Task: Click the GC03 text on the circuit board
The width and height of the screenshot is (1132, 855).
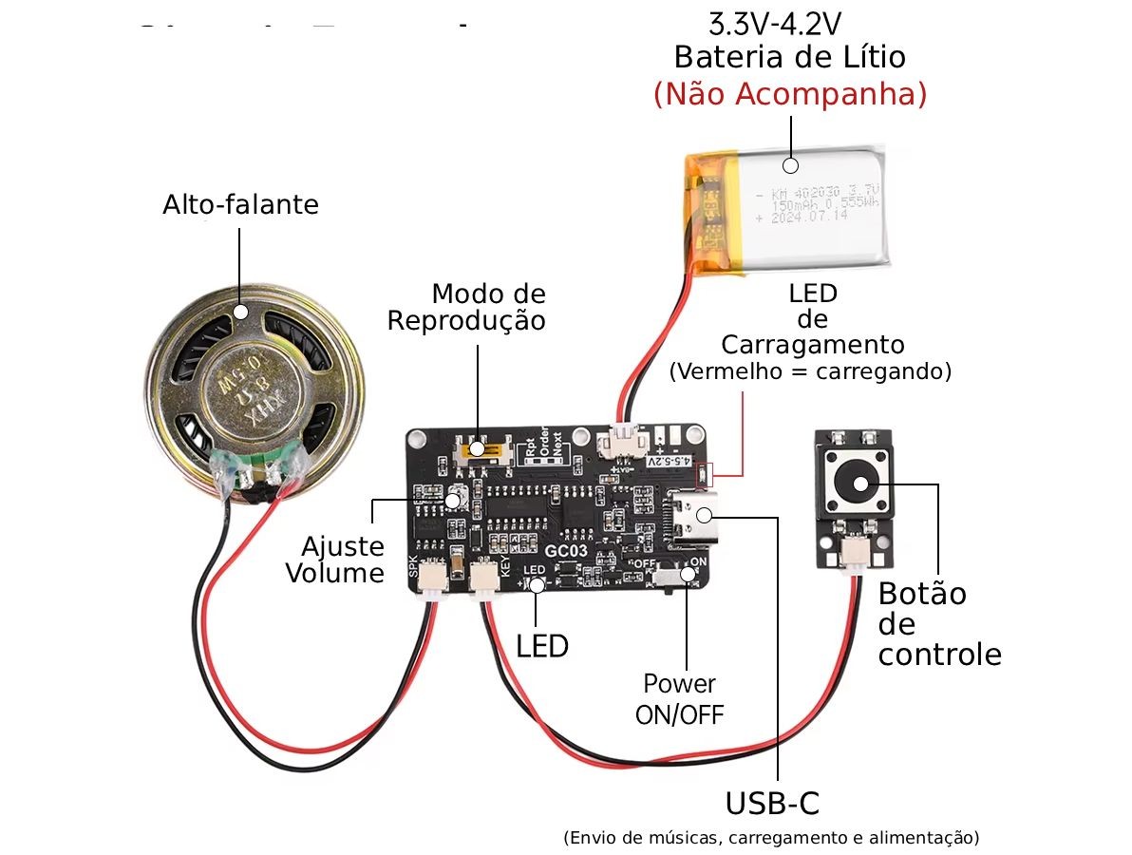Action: (x=567, y=550)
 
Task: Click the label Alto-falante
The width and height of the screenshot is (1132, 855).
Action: (x=240, y=204)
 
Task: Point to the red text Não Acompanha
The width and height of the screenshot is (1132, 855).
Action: (x=789, y=94)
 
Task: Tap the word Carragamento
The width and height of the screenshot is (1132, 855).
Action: (x=812, y=343)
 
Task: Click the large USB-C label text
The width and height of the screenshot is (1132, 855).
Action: (x=771, y=804)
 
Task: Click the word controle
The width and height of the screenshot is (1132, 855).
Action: (x=939, y=655)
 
